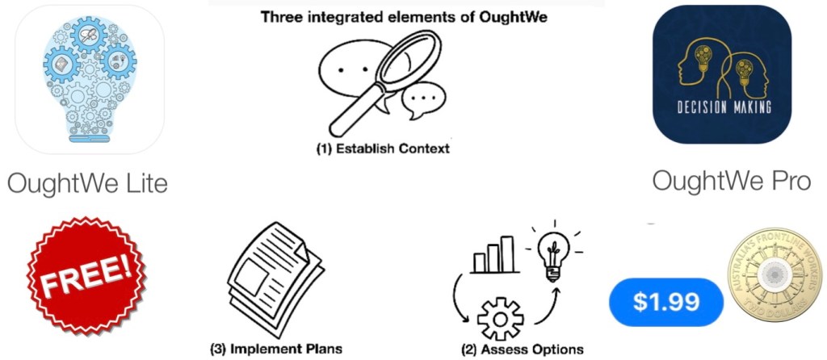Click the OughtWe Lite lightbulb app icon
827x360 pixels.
coord(89,78)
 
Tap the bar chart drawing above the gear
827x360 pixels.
coord(493,253)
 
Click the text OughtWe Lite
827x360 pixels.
coord(87,183)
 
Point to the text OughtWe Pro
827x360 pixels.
coord(731,181)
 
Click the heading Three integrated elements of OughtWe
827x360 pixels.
coord(405,16)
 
